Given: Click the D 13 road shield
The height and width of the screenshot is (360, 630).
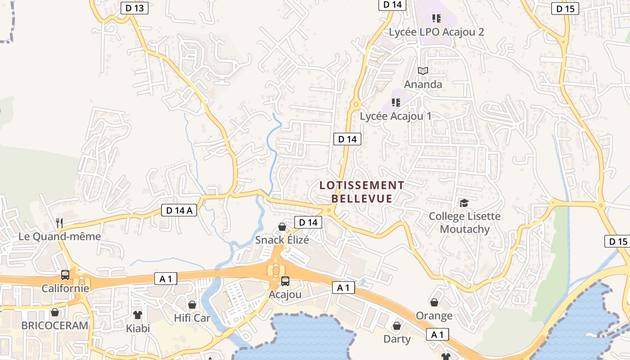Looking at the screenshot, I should tap(135, 8).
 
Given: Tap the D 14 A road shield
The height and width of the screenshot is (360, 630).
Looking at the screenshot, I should tap(179, 210).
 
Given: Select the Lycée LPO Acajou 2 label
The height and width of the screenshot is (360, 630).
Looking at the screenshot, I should tap(436, 32).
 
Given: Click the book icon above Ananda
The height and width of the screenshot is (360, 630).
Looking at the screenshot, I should tap(423, 71).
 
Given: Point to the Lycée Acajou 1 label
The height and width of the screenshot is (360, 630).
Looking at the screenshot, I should tap(396, 116).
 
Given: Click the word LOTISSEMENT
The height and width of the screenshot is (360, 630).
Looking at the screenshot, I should tap(362, 185).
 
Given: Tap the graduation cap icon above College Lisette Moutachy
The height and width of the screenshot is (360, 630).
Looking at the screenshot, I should tap(464, 203).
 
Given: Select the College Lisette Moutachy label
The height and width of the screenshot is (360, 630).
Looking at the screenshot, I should tap(464, 223).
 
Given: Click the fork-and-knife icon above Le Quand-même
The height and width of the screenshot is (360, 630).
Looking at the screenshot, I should tap(59, 222).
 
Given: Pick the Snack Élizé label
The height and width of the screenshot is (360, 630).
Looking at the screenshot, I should tap(282, 240).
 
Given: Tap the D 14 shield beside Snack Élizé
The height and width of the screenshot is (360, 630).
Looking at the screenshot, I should tap(308, 222).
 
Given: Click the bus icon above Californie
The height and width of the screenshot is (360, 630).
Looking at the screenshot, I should tap(65, 274).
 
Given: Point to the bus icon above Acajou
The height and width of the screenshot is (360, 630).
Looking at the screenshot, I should tap(285, 281).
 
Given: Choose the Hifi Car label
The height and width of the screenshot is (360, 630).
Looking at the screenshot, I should tap(192, 318).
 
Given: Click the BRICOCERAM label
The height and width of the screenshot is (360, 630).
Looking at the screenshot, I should tap(55, 325).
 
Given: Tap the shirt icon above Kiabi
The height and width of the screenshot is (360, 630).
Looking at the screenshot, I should tap(137, 315).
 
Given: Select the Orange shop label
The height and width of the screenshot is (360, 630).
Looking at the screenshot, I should tap(434, 315).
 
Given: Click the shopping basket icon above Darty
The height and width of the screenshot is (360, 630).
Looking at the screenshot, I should tap(397, 325).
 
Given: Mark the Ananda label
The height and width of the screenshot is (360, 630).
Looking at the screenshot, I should tap(423, 84).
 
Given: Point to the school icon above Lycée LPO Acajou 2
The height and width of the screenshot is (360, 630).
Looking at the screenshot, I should tap(436, 18).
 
